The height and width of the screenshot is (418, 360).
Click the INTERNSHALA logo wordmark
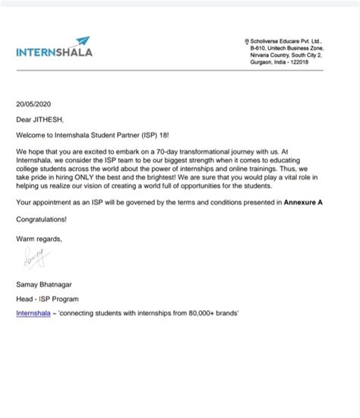click(x=54, y=52)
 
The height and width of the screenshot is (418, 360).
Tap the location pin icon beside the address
click(x=246, y=43)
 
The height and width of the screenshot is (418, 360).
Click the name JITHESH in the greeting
click(x=52, y=119)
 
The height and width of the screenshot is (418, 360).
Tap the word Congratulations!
click(x=41, y=219)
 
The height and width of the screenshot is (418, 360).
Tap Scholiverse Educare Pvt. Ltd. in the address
click(x=289, y=43)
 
